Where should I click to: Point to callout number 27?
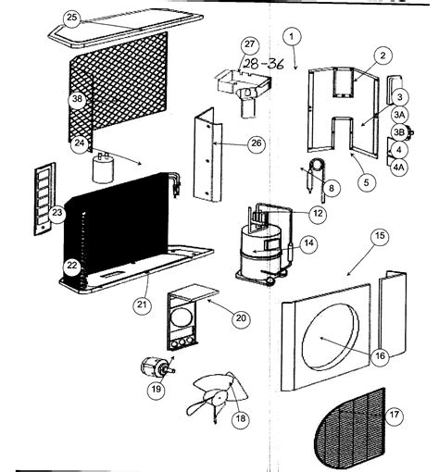click(248, 45)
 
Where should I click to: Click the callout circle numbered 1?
click(292, 36)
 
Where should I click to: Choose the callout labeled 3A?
click(400, 115)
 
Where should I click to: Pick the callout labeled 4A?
click(400, 168)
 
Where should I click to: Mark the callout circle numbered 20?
click(240, 318)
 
